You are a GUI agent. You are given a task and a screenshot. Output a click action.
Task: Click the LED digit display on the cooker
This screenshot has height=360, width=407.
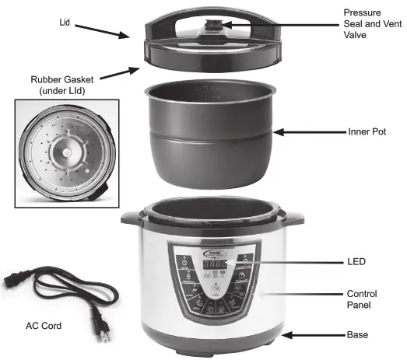pyautogui.click(x=214, y=265)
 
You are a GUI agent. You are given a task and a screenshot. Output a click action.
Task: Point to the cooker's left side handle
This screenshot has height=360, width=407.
pyautogui.click(x=131, y=219)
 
